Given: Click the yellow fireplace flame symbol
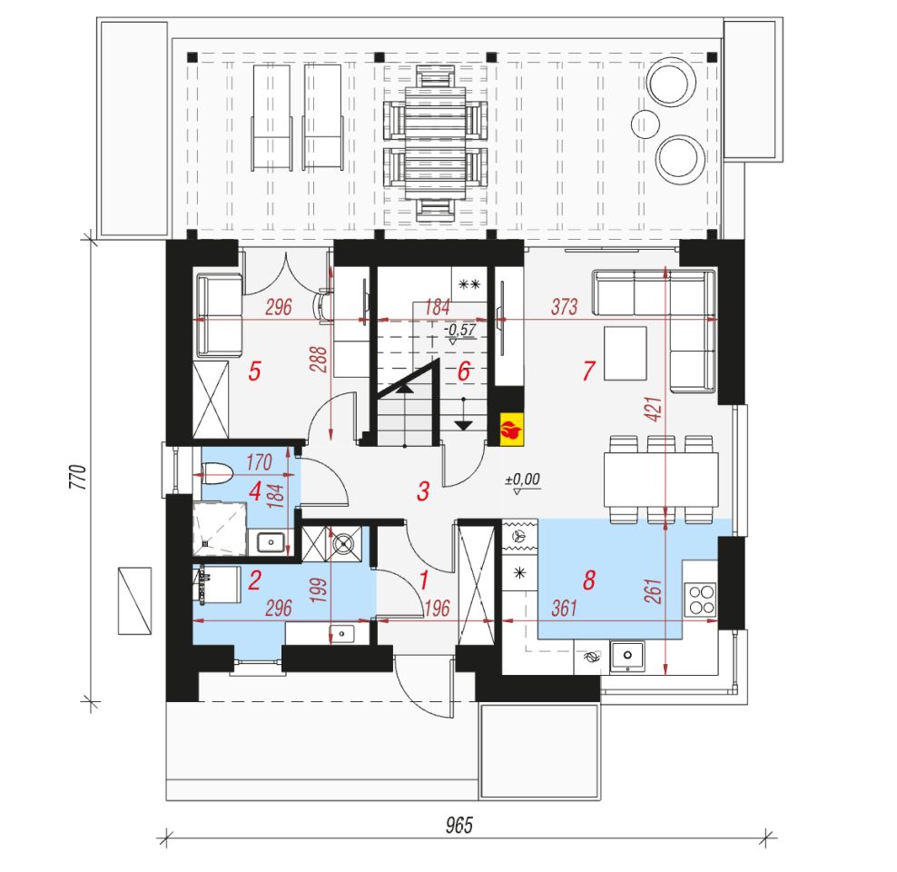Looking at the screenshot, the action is pos(511,429).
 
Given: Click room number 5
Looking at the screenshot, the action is pos(254,372).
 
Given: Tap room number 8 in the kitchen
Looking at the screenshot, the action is pos(588,580).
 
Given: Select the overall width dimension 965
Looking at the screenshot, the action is pos(459,825).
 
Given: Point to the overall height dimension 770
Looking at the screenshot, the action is pos(78,477).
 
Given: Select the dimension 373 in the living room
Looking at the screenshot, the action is pos(564,307).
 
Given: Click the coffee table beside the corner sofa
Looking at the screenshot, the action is pos(626,353).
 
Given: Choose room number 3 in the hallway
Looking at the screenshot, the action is pos(423,490).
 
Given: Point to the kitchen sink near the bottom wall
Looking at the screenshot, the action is pos(627,657).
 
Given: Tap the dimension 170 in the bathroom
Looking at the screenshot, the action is pos(259,461).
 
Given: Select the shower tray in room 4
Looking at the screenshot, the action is pos(220,530).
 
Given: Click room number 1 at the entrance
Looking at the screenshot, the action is pos(423,580).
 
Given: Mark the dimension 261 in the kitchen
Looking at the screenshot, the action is pos(653,591).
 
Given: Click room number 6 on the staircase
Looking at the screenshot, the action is pos(463,372).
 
